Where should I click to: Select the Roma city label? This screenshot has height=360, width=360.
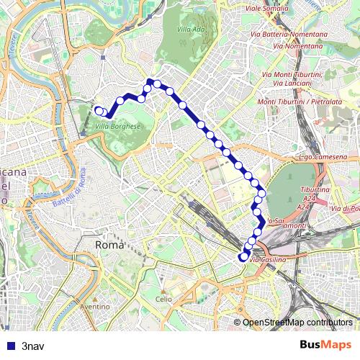[109, 246]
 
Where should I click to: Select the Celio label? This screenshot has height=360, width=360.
[164, 299]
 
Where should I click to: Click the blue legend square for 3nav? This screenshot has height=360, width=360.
[9, 345]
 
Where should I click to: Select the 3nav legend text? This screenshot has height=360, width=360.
[32, 345]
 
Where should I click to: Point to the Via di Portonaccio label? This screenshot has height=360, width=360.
[346, 209]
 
